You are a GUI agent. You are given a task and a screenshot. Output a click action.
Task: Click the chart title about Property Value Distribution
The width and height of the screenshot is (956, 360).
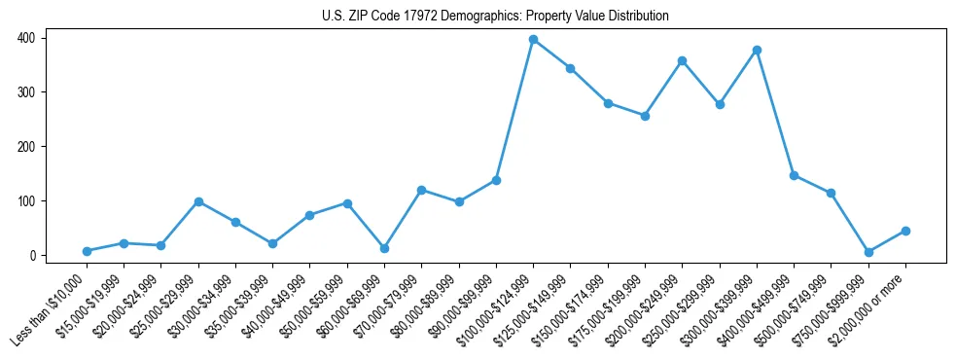tap(495, 17)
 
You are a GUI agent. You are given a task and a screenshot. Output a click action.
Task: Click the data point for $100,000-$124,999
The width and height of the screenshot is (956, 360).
tap(533, 40)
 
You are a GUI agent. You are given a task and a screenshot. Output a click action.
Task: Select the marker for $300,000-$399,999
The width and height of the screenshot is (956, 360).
tap(757, 50)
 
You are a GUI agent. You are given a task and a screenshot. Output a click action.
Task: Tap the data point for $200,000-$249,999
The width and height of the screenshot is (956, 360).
tap(682, 60)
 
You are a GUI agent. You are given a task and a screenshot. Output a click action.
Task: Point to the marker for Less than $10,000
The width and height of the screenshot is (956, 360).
tap(87, 251)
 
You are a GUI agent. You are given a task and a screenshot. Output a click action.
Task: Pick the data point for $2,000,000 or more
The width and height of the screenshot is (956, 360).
tap(905, 231)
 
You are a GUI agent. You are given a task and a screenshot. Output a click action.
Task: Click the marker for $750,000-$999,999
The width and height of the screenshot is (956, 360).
tap(868, 252)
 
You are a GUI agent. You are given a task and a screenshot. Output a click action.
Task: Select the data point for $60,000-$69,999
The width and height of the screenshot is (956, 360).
tap(384, 248)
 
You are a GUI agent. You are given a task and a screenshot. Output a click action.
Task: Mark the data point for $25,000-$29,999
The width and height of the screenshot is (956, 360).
tap(198, 201)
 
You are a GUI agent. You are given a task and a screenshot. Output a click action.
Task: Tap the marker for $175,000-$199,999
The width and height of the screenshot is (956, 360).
tap(645, 116)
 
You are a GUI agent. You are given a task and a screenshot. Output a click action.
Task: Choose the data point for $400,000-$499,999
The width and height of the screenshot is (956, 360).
tap(794, 175)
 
